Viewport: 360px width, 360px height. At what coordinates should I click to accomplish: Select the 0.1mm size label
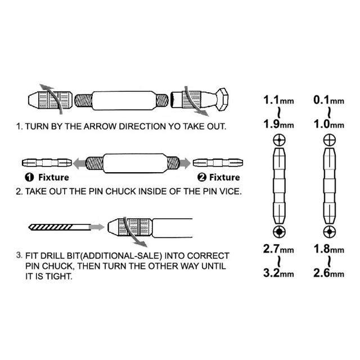click(329, 101)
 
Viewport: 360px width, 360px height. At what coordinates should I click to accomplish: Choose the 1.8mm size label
click(329, 249)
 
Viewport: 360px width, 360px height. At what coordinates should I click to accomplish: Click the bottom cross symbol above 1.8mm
click(328, 231)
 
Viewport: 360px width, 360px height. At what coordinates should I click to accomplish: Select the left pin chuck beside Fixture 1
click(46, 163)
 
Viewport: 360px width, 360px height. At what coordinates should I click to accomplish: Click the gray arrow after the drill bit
click(97, 227)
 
